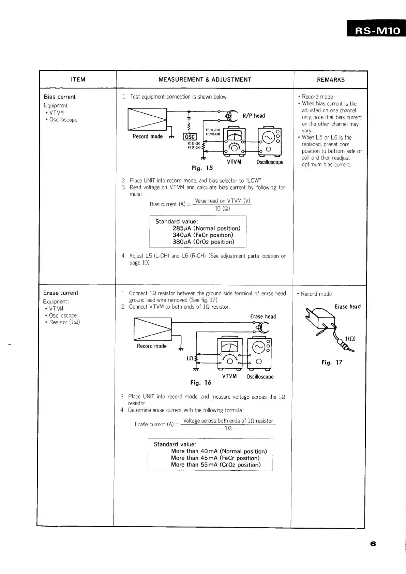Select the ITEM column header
tap(78, 80)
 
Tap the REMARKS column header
tap(331, 80)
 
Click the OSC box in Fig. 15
tap(189, 137)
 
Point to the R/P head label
tap(254, 116)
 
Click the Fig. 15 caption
tap(202, 168)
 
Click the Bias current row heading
tap(60, 97)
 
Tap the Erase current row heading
tap(61, 293)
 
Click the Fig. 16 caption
tap(201, 383)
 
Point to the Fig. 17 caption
tap(332, 363)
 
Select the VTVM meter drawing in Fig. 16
tap(230, 353)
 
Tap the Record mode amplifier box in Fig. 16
tap(153, 329)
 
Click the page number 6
tap(373, 544)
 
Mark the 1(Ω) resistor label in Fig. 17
tap(350, 339)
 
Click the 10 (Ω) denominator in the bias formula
tap(222, 208)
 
